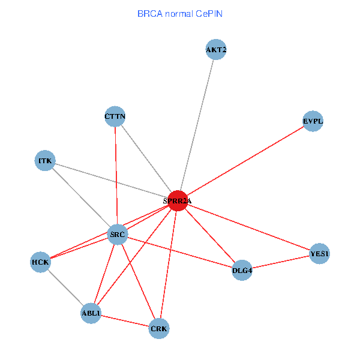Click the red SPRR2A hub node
[x=177, y=201]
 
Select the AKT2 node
[x=216, y=50]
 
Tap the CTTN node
[x=115, y=116]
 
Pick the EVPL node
[x=313, y=121]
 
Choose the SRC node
[x=118, y=234]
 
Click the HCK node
[x=40, y=262]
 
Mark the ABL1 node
[x=91, y=313]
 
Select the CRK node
[x=160, y=329]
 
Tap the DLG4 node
[x=242, y=271]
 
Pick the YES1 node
[x=319, y=254]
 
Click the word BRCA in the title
[x=149, y=13]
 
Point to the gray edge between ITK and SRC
[x=81, y=197]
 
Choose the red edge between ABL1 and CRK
[x=125, y=321]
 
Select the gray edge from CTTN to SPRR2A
[x=146, y=158]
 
